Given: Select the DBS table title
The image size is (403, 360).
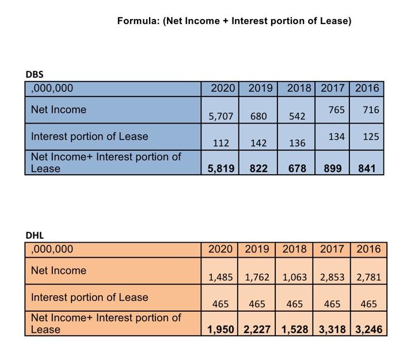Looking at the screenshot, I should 35,74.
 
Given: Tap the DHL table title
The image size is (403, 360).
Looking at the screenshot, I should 35,235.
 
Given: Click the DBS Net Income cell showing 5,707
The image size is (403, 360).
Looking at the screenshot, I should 220,116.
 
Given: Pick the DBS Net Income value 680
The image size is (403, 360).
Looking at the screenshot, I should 258,116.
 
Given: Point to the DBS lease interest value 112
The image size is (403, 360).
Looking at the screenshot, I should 220,143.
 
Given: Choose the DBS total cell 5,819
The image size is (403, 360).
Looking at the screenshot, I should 220,168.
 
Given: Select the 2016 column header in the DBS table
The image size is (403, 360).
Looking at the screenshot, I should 367,88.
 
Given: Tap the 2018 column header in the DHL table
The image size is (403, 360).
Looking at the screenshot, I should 294,249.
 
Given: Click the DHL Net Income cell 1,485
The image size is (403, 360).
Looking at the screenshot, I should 220,277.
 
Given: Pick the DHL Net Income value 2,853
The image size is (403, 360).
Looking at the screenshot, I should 332,277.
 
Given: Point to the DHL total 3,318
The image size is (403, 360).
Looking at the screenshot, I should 332,330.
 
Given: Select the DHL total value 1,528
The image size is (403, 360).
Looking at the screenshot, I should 294,330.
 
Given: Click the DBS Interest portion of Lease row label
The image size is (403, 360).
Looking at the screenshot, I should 89,137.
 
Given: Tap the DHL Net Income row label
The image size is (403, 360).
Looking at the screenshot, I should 59,270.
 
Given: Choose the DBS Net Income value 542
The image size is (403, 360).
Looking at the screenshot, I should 297,116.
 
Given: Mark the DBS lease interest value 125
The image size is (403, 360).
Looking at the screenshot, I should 367,137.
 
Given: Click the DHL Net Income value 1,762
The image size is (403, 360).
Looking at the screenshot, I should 257,277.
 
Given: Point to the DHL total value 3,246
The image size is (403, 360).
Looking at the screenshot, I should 368,330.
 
